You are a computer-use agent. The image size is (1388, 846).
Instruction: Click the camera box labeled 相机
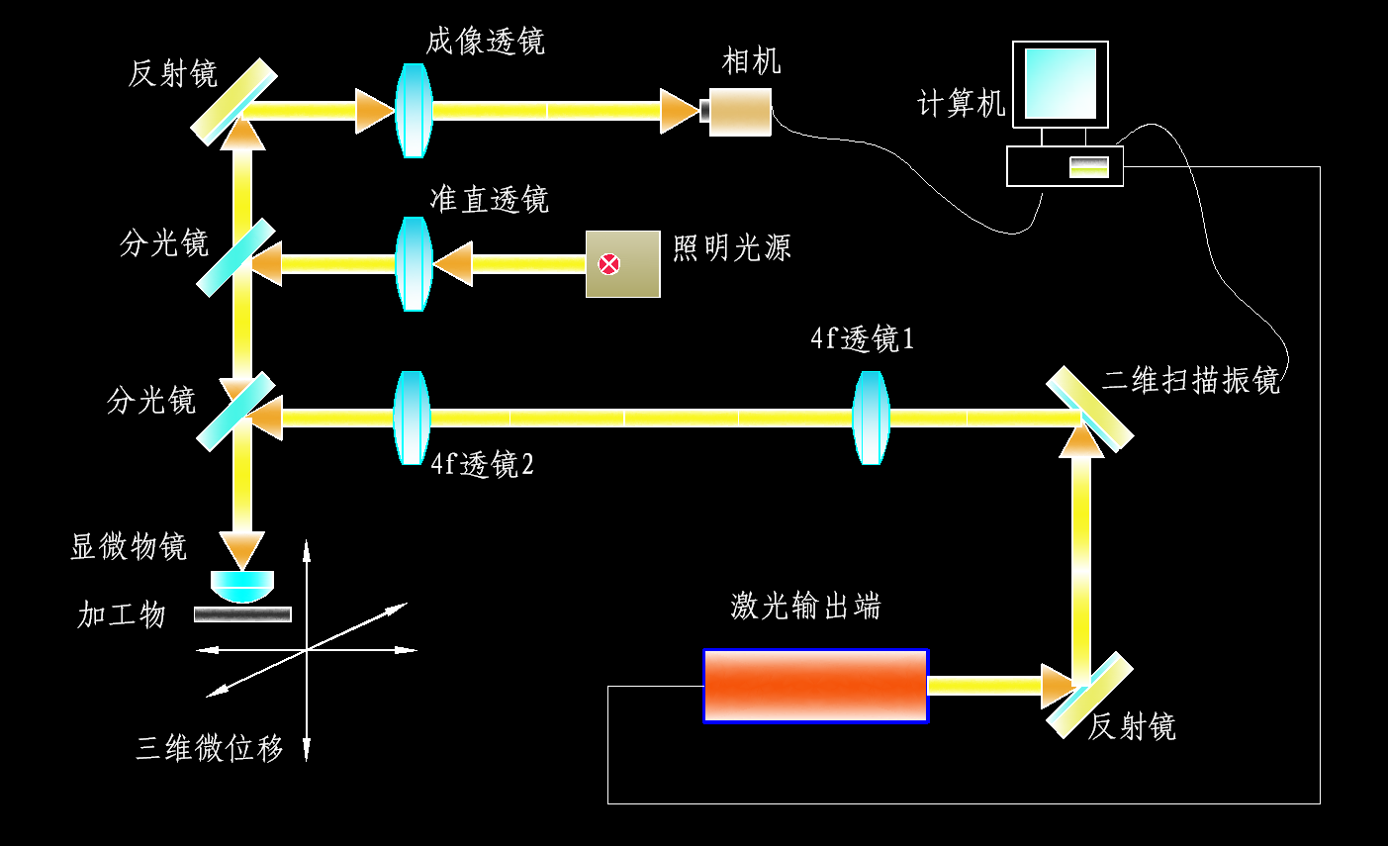point(741,112)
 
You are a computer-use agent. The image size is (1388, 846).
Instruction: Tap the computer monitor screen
point(1060,84)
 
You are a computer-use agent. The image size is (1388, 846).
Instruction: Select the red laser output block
point(815,686)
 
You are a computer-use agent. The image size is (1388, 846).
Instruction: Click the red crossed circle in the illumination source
point(609,264)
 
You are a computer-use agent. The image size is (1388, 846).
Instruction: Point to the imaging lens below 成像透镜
point(414,110)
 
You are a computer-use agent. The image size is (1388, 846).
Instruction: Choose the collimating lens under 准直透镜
point(414,264)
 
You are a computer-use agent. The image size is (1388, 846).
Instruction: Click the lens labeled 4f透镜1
point(871,418)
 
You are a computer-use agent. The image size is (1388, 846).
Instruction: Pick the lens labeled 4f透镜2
point(411,418)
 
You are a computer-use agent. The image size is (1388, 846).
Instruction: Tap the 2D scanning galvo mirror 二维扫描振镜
point(1090,409)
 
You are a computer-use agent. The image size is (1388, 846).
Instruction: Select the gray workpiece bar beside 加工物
point(242,614)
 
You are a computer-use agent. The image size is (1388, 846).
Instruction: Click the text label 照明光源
point(732,247)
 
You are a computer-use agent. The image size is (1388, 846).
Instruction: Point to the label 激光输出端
point(805,606)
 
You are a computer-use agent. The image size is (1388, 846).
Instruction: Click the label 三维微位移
point(210,748)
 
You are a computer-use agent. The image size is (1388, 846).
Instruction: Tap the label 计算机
point(961,103)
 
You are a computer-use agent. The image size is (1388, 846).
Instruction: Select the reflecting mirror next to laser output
point(1089,695)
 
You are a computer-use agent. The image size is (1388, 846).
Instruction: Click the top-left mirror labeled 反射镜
point(233,101)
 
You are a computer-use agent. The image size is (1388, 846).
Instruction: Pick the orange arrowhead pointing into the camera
point(680,111)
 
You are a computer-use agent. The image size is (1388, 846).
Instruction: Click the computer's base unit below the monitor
point(1064,166)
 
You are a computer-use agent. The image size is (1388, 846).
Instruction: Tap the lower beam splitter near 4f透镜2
point(235,412)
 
